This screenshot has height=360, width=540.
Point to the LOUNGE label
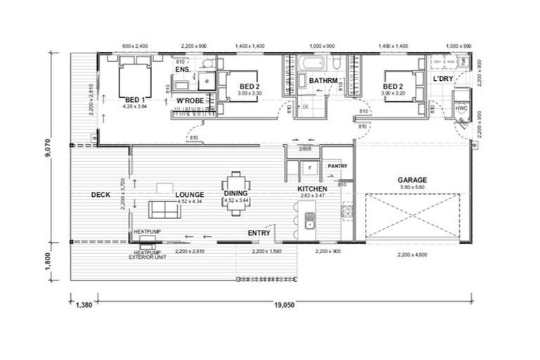(x=190, y=194)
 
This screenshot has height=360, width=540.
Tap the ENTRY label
(x=260, y=232)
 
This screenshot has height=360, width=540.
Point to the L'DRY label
(x=443, y=78)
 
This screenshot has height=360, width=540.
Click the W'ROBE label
(x=190, y=101)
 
